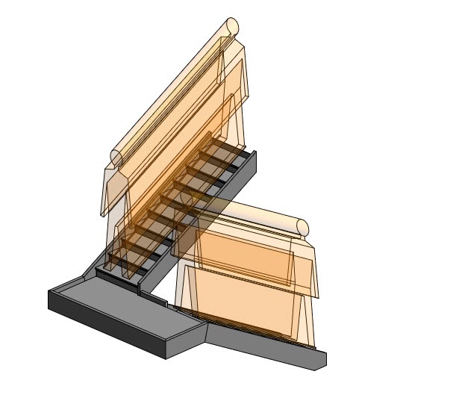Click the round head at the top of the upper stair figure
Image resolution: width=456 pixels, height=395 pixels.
(x=232, y=26)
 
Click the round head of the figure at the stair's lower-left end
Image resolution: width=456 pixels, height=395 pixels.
(x=116, y=157)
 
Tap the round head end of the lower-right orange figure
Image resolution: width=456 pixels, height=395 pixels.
(x=302, y=227)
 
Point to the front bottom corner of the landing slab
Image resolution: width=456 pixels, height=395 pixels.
(x=166, y=357)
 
